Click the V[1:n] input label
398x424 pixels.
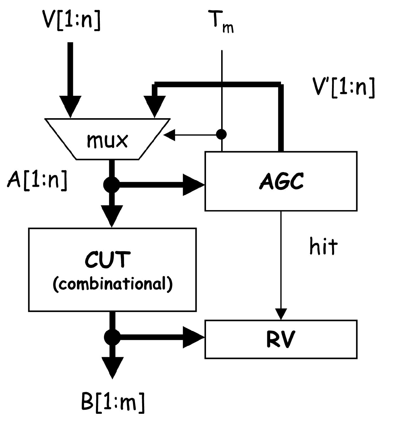[71, 20]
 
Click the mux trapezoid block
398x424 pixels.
[107, 139]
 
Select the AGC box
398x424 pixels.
[281, 181]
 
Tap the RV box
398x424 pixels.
[281, 339]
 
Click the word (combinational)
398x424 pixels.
[113, 284]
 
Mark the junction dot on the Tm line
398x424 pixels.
[221, 135]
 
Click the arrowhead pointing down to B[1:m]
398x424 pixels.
[112, 367]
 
